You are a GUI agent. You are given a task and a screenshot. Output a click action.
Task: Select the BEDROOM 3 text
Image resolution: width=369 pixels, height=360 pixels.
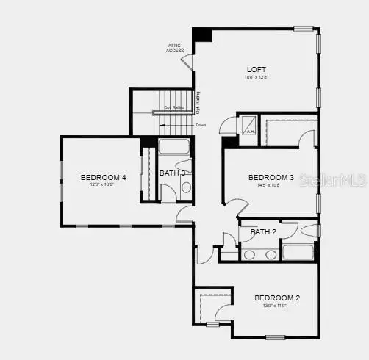pyautogui.click(x=271, y=177)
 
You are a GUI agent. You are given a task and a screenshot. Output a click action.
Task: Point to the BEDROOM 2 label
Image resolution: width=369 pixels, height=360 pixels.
pyautogui.click(x=277, y=298)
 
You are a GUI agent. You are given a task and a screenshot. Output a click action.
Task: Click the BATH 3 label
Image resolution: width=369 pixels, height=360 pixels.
pyautogui.click(x=173, y=173)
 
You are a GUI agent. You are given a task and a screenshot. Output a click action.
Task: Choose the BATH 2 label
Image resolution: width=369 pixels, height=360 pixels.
pyautogui.click(x=262, y=232)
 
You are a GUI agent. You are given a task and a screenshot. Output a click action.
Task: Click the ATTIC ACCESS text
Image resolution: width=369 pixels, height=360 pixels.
pyautogui.click(x=174, y=48)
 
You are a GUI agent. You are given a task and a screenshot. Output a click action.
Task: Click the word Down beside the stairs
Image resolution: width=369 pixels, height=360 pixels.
pyautogui.click(x=201, y=126)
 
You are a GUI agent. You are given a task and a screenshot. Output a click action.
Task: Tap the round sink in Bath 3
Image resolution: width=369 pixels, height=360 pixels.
pyautogui.click(x=186, y=188)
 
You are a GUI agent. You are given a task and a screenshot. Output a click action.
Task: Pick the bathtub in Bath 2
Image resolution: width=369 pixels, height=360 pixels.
pyautogui.click(x=298, y=252)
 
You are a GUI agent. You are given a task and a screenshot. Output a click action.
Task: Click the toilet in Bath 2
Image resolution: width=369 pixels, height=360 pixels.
pyautogui.click(x=309, y=229)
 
